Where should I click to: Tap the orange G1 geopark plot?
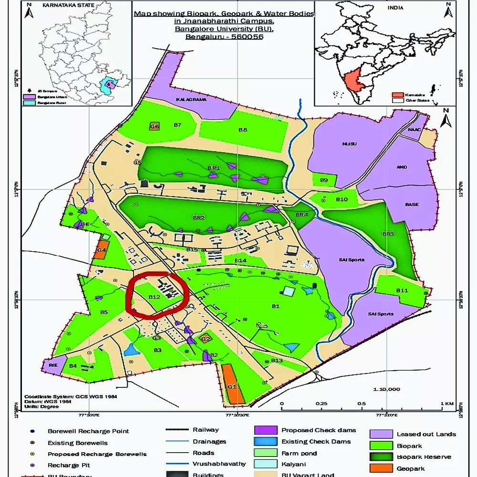[x=233, y=384]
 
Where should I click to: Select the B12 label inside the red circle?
[x=154, y=296]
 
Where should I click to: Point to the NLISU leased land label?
[x=349, y=144]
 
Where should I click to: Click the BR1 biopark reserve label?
[x=213, y=168]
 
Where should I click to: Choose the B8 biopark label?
[x=243, y=130]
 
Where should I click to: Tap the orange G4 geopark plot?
[x=101, y=250]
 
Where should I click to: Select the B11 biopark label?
[x=402, y=290]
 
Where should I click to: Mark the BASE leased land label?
[x=412, y=205]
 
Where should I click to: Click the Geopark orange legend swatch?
[x=381, y=468]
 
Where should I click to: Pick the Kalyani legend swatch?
[x=265, y=464]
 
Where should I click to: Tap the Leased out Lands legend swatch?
[x=381, y=434]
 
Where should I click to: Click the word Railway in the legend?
[x=206, y=430]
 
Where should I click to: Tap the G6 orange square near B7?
[x=154, y=126]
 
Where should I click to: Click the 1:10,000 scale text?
[x=387, y=389]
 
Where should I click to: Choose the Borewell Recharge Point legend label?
[x=88, y=431]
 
